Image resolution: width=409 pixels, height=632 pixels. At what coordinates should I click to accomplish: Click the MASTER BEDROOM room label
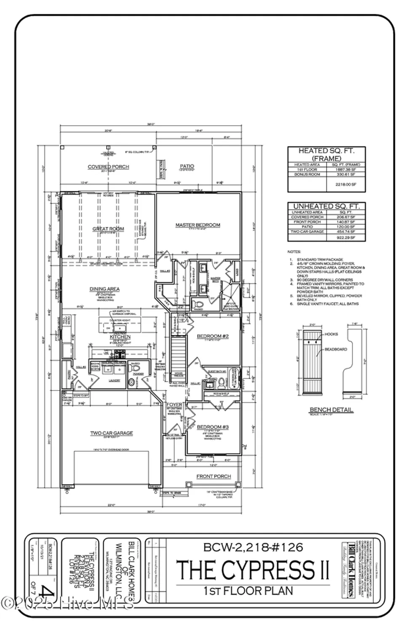click(x=198, y=225)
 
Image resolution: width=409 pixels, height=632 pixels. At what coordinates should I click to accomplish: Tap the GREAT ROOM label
click(x=108, y=229)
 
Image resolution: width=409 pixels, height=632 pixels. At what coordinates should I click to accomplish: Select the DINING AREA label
click(x=104, y=289)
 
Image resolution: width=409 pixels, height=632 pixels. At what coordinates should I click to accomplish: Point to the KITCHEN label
click(x=120, y=337)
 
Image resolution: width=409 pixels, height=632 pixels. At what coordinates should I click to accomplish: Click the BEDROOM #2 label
click(x=213, y=336)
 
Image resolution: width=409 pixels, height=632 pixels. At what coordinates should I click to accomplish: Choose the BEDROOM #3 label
click(x=213, y=427)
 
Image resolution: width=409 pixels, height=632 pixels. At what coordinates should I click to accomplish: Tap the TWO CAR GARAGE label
click(x=111, y=433)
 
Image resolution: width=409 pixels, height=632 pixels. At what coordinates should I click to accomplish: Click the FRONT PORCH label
click(x=214, y=476)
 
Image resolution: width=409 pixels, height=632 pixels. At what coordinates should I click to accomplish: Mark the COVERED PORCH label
click(x=108, y=167)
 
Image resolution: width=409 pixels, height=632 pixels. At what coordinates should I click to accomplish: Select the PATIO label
click(x=187, y=166)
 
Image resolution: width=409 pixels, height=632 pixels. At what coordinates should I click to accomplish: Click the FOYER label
click(x=174, y=405)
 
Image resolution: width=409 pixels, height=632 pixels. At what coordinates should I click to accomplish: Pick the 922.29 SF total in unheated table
click(x=346, y=238)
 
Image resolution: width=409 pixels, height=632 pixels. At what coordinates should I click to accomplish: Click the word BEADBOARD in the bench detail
click(x=336, y=349)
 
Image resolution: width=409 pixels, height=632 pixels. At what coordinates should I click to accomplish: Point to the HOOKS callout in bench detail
click(x=331, y=334)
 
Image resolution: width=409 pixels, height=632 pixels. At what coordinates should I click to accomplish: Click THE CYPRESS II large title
click(x=253, y=569)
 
